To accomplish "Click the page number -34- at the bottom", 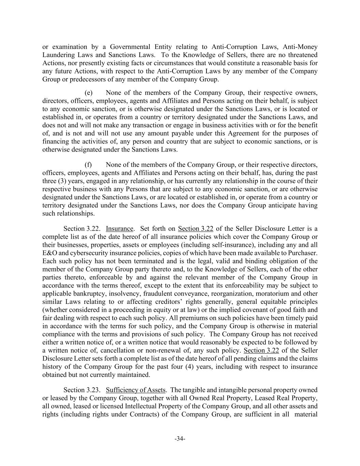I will tap(180, 439).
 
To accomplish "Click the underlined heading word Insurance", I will tap(119, 228).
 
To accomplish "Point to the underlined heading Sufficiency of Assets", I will tap(136, 390).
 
